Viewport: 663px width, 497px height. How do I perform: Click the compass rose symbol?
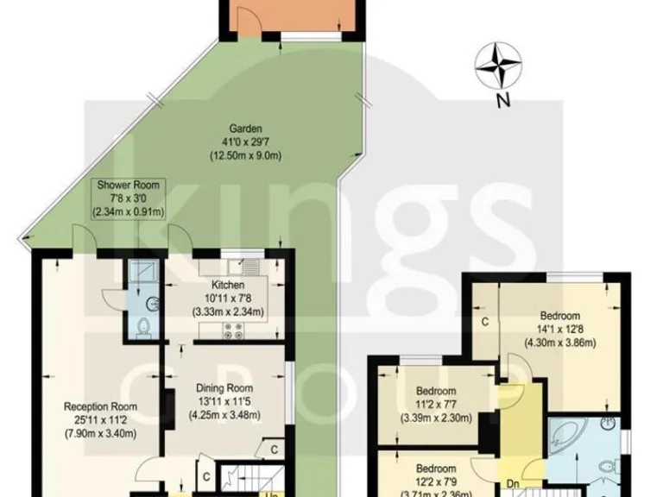point(500,66)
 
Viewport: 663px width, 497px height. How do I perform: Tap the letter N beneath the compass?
point(501,101)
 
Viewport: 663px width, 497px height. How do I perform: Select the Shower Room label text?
point(129,186)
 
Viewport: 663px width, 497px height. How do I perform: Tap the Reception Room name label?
point(101,406)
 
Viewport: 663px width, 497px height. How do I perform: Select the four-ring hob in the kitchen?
point(232,330)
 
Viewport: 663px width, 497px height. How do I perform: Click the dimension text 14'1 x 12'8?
point(560,328)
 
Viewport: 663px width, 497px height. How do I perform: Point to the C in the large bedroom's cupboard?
point(485,322)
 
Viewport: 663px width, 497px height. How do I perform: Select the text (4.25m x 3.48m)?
point(224,415)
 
